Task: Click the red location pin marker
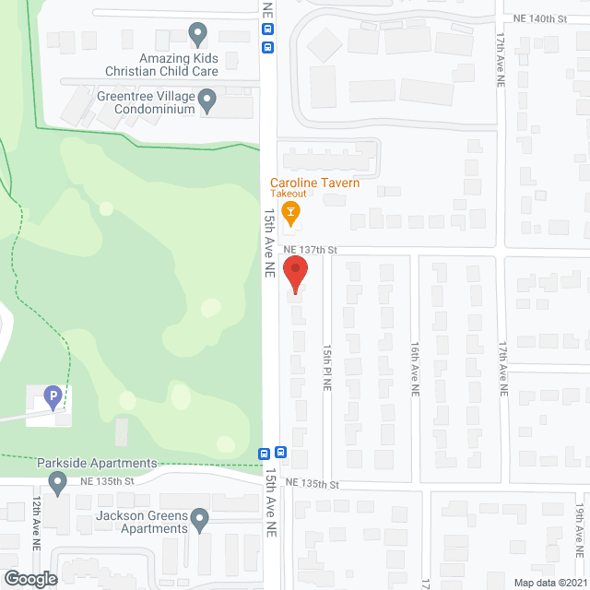pyautogui.click(x=294, y=274)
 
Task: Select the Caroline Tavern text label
pyautogui.click(x=314, y=183)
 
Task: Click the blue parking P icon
pyautogui.click(x=52, y=397)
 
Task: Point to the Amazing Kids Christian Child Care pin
pyautogui.click(x=197, y=34)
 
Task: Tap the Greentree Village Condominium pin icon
pyautogui.click(x=207, y=100)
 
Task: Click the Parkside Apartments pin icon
pyautogui.click(x=57, y=481)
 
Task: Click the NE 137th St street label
pyautogui.click(x=311, y=250)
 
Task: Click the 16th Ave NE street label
pyautogui.click(x=415, y=370)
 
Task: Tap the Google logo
pyautogui.click(x=29, y=579)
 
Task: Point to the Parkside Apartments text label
pyautogui.click(x=97, y=463)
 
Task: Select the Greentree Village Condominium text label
pyautogui.click(x=147, y=101)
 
